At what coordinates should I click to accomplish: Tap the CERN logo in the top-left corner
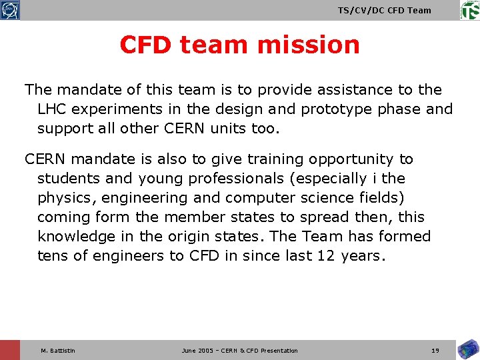(x=10, y=10)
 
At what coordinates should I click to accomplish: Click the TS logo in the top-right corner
(x=469, y=10)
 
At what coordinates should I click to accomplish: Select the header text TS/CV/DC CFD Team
(x=384, y=10)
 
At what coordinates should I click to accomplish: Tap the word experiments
(x=121, y=109)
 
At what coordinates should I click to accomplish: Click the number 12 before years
(x=325, y=257)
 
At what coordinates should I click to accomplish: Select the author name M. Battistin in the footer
(x=58, y=351)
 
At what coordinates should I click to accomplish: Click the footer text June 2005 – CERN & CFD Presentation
(x=239, y=351)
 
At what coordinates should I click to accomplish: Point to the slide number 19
(x=435, y=351)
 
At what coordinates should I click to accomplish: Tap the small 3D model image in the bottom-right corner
(x=467, y=349)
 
